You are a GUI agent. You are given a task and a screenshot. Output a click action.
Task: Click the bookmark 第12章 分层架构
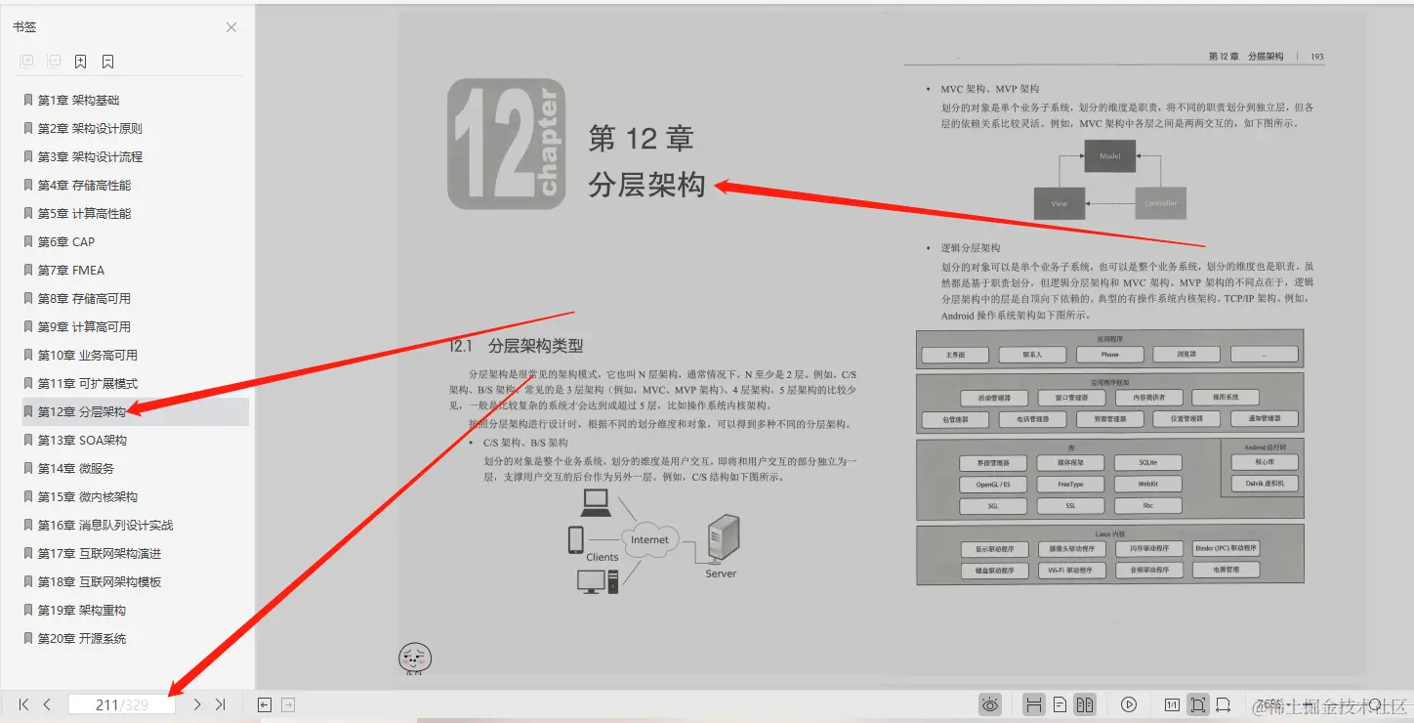click(82, 412)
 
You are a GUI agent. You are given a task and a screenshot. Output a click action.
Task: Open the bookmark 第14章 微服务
click(76, 469)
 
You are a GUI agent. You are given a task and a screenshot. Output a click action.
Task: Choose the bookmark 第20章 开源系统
click(82, 639)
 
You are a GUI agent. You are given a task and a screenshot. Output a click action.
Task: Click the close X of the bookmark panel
click(231, 27)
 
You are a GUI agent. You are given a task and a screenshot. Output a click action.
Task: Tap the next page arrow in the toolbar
click(197, 704)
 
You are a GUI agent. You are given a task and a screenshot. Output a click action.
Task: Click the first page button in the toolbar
click(23, 704)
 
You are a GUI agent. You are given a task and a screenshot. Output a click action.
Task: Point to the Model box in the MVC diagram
click(1110, 156)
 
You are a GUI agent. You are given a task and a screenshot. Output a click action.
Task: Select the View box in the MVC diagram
click(1060, 203)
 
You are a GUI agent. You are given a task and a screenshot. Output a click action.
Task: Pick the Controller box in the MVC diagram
click(1160, 203)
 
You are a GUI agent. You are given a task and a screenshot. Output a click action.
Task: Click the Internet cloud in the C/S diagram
click(649, 540)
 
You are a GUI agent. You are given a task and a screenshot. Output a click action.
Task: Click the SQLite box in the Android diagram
click(1148, 462)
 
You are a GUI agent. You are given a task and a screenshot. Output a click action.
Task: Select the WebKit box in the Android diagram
click(1148, 484)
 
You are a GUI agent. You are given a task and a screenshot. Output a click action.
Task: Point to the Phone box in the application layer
click(1109, 355)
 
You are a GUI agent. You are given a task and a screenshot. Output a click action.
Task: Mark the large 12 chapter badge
click(506, 144)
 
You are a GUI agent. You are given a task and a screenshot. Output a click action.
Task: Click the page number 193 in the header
click(1317, 57)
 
